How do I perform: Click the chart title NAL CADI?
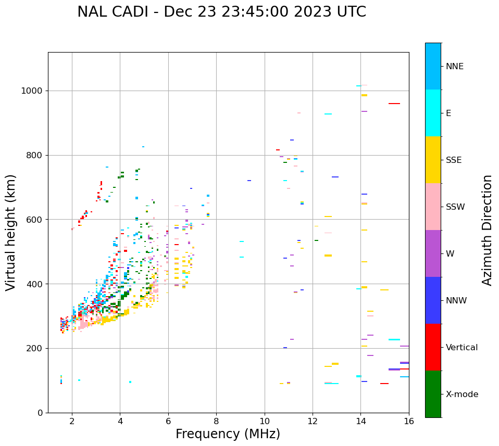coord(221,12)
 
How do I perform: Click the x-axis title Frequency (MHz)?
coord(228,434)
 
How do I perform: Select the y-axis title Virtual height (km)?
coord(11,233)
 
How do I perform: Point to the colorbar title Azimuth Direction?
coord(487,230)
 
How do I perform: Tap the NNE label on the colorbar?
coord(454,67)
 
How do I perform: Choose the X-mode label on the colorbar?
coord(461,394)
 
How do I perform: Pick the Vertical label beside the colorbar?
coord(461,348)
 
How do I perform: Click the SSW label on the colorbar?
coord(455,207)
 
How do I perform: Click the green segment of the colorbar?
coord(433,394)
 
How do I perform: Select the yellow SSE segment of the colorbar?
coord(433,160)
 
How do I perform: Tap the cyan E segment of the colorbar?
coord(433,113)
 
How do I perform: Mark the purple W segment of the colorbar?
coord(433,253)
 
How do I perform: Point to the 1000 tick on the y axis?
coord(33,91)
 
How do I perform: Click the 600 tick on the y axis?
coord(35,220)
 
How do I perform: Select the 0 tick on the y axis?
coord(40,413)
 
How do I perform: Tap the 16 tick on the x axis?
coord(409,421)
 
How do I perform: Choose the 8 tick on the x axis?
coord(216,421)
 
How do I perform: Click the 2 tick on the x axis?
coord(72,421)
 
